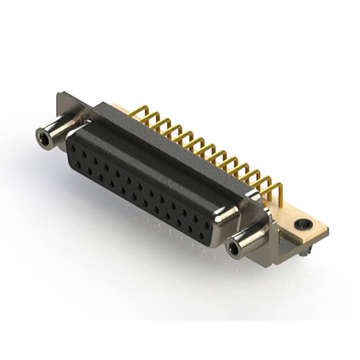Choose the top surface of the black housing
point(169,152)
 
